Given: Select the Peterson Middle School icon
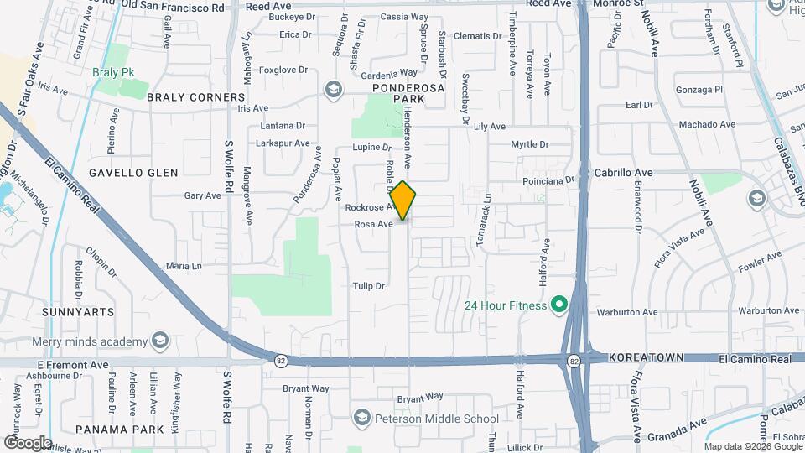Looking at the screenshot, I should (x=361, y=419).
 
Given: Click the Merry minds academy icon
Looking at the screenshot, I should (x=159, y=341).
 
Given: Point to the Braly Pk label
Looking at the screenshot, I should (x=114, y=72).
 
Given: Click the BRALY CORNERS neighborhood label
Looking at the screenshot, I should (x=195, y=97).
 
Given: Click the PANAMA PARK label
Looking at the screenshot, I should (x=117, y=429).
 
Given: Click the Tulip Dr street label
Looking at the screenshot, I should (x=368, y=286).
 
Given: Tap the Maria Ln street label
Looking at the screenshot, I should (x=184, y=266).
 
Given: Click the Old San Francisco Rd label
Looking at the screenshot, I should (x=173, y=6).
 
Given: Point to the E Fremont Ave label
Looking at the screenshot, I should (x=74, y=366).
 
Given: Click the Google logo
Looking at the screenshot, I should (x=28, y=442).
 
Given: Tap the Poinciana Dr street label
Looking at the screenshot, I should (x=546, y=180).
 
